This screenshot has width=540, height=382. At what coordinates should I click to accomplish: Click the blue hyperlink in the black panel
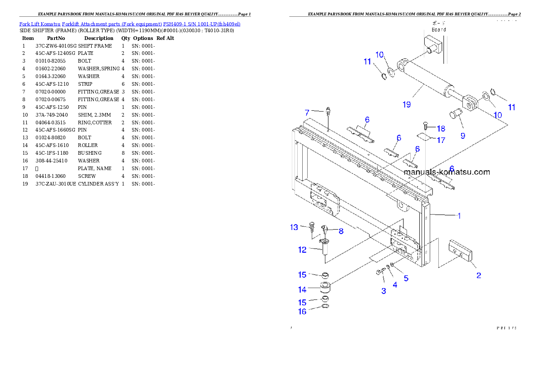pyautogui.click(x=130, y=24)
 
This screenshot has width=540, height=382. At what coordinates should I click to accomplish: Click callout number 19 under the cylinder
pyautogui.click(x=407, y=104)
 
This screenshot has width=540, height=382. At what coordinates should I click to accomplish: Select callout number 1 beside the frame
pyautogui.click(x=459, y=216)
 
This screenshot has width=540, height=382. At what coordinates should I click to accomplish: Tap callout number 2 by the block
pyautogui.click(x=478, y=275)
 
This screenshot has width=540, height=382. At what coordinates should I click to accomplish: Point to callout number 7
pyautogui.click(x=307, y=112)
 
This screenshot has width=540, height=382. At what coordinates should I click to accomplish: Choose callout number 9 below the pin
pyautogui.click(x=462, y=135)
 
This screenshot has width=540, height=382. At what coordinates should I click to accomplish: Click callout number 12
pyautogui.click(x=302, y=250)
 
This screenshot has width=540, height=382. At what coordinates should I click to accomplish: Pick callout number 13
pyautogui.click(x=295, y=227)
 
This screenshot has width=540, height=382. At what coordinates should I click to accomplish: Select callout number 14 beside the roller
pyautogui.click(x=302, y=289)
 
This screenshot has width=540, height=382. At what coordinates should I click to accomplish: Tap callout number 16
pyautogui.click(x=302, y=312)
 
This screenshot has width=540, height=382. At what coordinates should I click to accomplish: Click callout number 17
pyautogui.click(x=441, y=140)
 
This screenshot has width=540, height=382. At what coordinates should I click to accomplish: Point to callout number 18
pyautogui.click(x=441, y=128)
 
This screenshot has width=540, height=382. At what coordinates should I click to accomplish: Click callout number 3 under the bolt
pyautogui.click(x=383, y=291)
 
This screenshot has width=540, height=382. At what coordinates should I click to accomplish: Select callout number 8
pyautogui.click(x=340, y=231)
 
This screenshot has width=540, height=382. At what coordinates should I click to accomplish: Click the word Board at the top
pyautogui.click(x=439, y=29)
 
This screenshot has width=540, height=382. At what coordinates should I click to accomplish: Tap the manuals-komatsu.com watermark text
pyautogui.click(x=447, y=172)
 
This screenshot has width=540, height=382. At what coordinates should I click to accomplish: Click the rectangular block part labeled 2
pyautogui.click(x=461, y=252)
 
